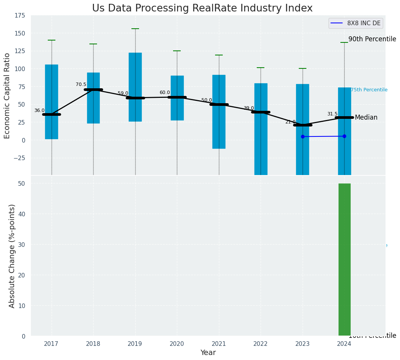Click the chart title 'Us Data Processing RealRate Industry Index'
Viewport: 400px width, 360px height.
point(202,8)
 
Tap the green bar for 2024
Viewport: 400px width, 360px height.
point(344,259)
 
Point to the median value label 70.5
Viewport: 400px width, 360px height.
point(81,85)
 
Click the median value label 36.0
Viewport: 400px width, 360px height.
point(39,111)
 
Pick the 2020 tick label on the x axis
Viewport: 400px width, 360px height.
point(177,344)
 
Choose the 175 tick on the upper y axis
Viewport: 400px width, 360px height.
point(20,16)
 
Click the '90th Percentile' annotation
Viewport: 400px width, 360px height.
point(372,39)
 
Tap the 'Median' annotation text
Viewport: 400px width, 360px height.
point(366,118)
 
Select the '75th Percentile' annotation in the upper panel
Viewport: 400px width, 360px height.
point(369,90)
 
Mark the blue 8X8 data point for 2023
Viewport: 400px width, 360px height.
point(303,136)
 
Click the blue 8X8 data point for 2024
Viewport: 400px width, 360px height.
point(344,136)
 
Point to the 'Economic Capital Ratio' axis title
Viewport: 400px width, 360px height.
point(7,96)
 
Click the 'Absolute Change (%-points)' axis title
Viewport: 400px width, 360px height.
point(12,256)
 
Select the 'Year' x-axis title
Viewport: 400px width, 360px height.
point(208,353)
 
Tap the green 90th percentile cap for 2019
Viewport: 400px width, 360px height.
point(135,29)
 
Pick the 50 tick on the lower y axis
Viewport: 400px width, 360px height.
point(22,183)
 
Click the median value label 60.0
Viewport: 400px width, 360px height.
point(165,93)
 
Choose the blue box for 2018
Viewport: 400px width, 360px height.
point(93,98)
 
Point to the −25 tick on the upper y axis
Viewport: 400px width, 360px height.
point(18,158)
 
